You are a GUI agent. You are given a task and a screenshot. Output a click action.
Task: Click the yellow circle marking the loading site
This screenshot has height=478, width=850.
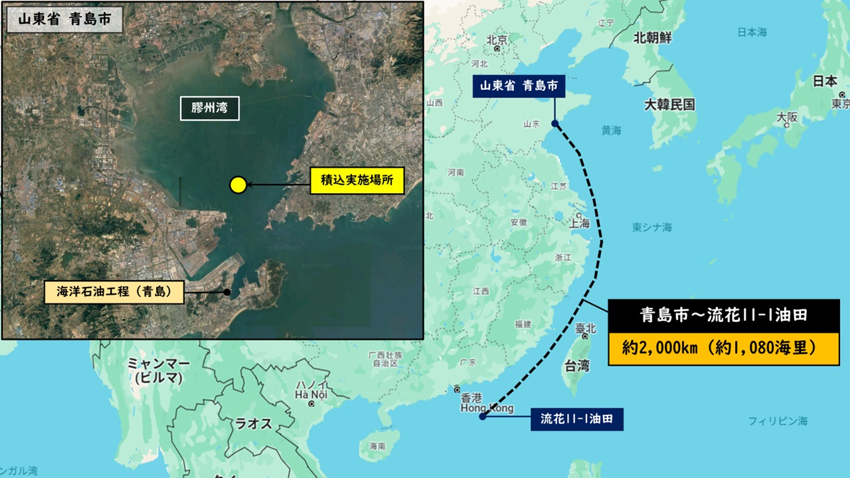[x=238, y=185]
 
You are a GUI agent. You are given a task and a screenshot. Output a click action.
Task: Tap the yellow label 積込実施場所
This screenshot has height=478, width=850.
[x=357, y=180]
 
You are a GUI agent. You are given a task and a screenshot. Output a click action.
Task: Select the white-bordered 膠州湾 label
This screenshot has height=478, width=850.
[x=210, y=108]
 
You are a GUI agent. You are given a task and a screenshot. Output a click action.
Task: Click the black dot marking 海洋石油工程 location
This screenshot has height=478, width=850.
[x=227, y=292]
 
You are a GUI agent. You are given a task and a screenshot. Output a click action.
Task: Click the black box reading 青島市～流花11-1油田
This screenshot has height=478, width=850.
[x=723, y=315]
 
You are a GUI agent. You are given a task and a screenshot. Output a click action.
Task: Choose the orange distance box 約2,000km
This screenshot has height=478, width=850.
[x=723, y=348]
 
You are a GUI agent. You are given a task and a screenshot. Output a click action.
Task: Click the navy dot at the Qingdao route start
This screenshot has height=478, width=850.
[x=555, y=123]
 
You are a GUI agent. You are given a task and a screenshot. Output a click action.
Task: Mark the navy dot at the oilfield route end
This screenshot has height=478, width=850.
[x=483, y=416]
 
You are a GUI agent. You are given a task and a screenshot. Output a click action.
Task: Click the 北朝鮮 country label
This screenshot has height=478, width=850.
[x=653, y=38]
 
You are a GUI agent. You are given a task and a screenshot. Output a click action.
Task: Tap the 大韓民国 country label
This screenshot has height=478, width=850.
[x=669, y=104]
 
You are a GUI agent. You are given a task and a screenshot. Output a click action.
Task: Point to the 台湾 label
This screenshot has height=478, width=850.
[x=576, y=366]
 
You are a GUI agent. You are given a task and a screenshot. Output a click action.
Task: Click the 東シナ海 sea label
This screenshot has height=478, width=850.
[x=651, y=227]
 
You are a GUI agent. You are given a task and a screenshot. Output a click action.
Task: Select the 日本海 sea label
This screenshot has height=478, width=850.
[x=752, y=32]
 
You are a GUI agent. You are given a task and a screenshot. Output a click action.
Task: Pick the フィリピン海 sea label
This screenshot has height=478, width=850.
[x=778, y=421]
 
